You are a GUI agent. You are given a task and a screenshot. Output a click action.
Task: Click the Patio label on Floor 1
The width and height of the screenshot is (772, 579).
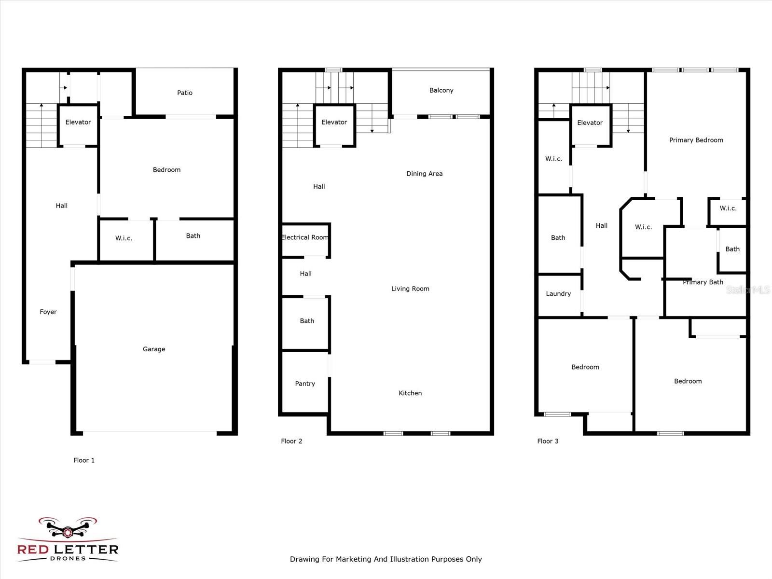[185, 93]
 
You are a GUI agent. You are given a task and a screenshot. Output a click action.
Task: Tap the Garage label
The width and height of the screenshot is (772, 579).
[154, 349]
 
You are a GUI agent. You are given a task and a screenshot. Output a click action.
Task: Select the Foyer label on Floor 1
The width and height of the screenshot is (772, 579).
[48, 312]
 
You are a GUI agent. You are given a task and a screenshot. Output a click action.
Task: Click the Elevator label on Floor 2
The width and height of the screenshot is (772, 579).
[334, 122]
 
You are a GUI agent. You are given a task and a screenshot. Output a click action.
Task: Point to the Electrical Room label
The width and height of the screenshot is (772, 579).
[305, 237]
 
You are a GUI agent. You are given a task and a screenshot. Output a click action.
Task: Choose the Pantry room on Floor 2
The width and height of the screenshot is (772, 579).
[305, 384]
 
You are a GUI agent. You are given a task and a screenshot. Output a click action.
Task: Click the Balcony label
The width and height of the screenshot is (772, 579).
[441, 90]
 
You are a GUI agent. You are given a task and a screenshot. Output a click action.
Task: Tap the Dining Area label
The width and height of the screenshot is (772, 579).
[425, 174]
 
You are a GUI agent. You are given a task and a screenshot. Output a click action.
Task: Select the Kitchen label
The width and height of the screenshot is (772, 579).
[410, 393]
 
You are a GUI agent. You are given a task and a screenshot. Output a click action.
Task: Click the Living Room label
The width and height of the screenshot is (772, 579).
[410, 289]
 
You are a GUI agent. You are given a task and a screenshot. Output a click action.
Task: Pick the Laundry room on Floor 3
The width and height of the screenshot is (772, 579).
[558, 294]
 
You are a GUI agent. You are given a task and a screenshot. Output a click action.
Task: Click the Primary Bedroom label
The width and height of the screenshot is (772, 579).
[696, 140]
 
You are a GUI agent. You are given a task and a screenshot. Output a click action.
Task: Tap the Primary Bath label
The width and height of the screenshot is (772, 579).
[703, 282]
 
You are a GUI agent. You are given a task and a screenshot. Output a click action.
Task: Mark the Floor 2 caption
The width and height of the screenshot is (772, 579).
[291, 441]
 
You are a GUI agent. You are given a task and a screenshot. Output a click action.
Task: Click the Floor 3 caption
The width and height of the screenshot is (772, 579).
[548, 441]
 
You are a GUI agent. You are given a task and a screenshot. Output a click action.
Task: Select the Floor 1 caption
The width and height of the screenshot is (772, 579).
[84, 460]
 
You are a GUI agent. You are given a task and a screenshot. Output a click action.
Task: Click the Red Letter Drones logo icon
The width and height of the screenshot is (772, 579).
[68, 529]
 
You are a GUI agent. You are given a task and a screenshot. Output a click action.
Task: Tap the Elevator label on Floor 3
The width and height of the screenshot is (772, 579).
[590, 123]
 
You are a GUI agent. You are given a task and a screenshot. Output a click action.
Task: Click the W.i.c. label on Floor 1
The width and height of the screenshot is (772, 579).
[124, 238]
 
